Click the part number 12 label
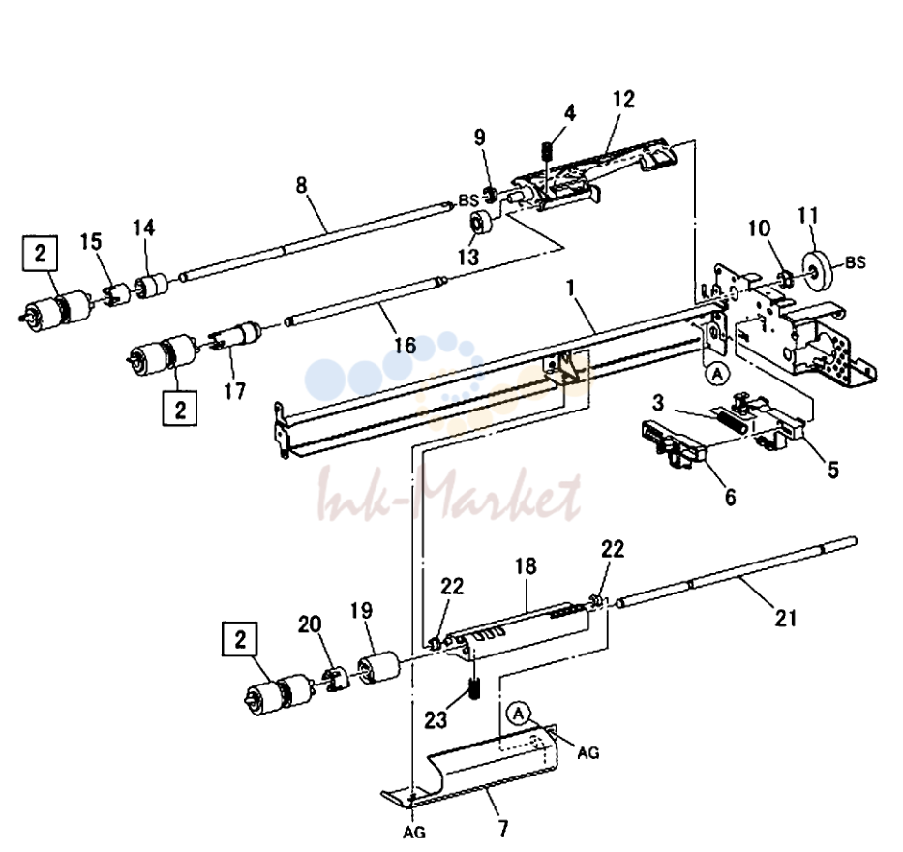[x=623, y=99]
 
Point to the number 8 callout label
[x=302, y=186]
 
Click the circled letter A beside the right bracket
[x=717, y=374]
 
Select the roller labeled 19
[x=379, y=668]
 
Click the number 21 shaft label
[x=786, y=618]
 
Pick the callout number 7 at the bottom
[x=503, y=829]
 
